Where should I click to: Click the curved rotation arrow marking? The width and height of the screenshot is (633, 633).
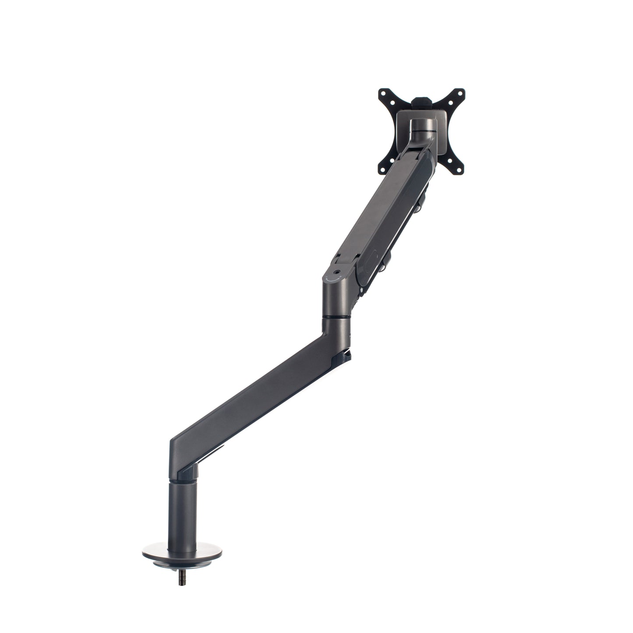point(337,277)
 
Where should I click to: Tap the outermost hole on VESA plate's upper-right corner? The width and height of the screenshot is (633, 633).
point(460,93)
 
